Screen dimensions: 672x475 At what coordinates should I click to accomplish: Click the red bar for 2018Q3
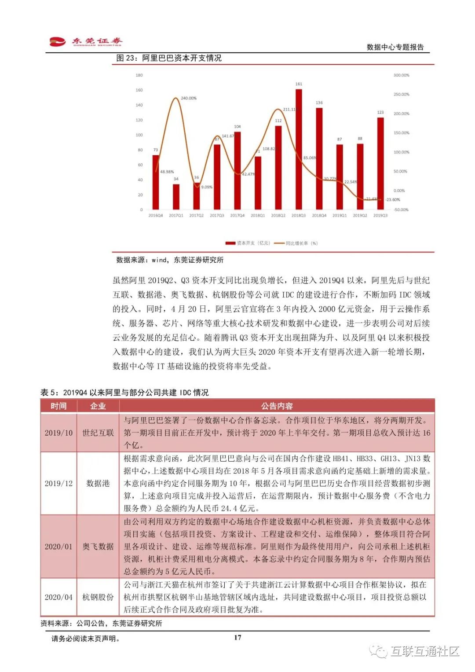coord(299,150)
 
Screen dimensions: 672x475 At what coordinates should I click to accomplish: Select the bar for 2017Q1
coord(176,197)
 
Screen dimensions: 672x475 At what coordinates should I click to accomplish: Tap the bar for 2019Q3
coord(380,163)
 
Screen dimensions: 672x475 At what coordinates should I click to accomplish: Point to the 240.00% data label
coord(189,98)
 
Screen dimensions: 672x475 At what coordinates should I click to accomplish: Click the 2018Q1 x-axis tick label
coord(258,216)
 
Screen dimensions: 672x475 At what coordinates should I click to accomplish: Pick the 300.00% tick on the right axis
coord(401,75)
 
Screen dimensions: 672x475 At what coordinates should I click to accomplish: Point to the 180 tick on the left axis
coord(139,75)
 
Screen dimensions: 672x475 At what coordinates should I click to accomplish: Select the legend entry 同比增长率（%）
coord(296,243)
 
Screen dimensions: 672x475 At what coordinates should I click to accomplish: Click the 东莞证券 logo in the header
coord(86,42)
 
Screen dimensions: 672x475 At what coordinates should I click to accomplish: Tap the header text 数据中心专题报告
coord(395,47)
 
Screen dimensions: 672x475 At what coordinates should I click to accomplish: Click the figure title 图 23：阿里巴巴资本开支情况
coord(169,58)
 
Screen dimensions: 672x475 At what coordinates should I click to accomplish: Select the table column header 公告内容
coord(277,406)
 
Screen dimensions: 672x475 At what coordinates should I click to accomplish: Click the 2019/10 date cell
coord(58,433)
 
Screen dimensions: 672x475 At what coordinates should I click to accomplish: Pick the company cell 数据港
coord(98,483)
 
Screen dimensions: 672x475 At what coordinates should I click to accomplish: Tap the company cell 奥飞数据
coord(98,547)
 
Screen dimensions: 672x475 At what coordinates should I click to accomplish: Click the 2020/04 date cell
coord(58,597)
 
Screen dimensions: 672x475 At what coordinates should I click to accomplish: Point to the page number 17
coord(237,637)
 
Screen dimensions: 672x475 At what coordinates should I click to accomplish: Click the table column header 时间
coord(58,406)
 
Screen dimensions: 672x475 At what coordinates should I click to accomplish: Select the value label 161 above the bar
coord(299,84)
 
